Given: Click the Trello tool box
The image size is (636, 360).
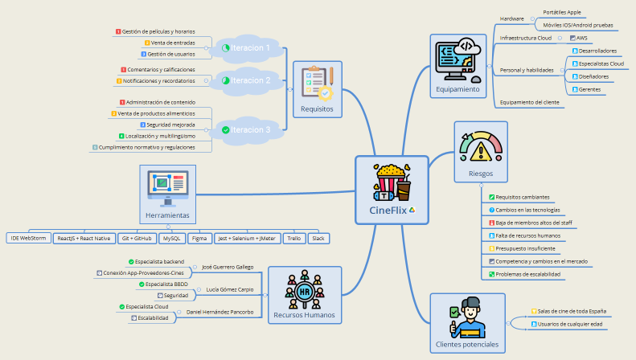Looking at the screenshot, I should (x=293, y=239).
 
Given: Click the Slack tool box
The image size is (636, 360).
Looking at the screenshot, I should (x=318, y=239).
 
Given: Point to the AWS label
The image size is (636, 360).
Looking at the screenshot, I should (x=582, y=38).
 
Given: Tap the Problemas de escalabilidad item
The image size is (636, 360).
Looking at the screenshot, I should (x=527, y=274).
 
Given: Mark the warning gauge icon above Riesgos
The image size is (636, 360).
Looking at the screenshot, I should (x=480, y=148).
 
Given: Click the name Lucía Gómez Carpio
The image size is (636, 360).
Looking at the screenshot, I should (x=230, y=288).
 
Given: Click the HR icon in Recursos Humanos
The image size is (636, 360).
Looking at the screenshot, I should (x=303, y=291).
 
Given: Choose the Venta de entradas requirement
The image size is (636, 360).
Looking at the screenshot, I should (x=173, y=43).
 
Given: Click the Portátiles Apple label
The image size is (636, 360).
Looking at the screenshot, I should (x=563, y=13).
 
